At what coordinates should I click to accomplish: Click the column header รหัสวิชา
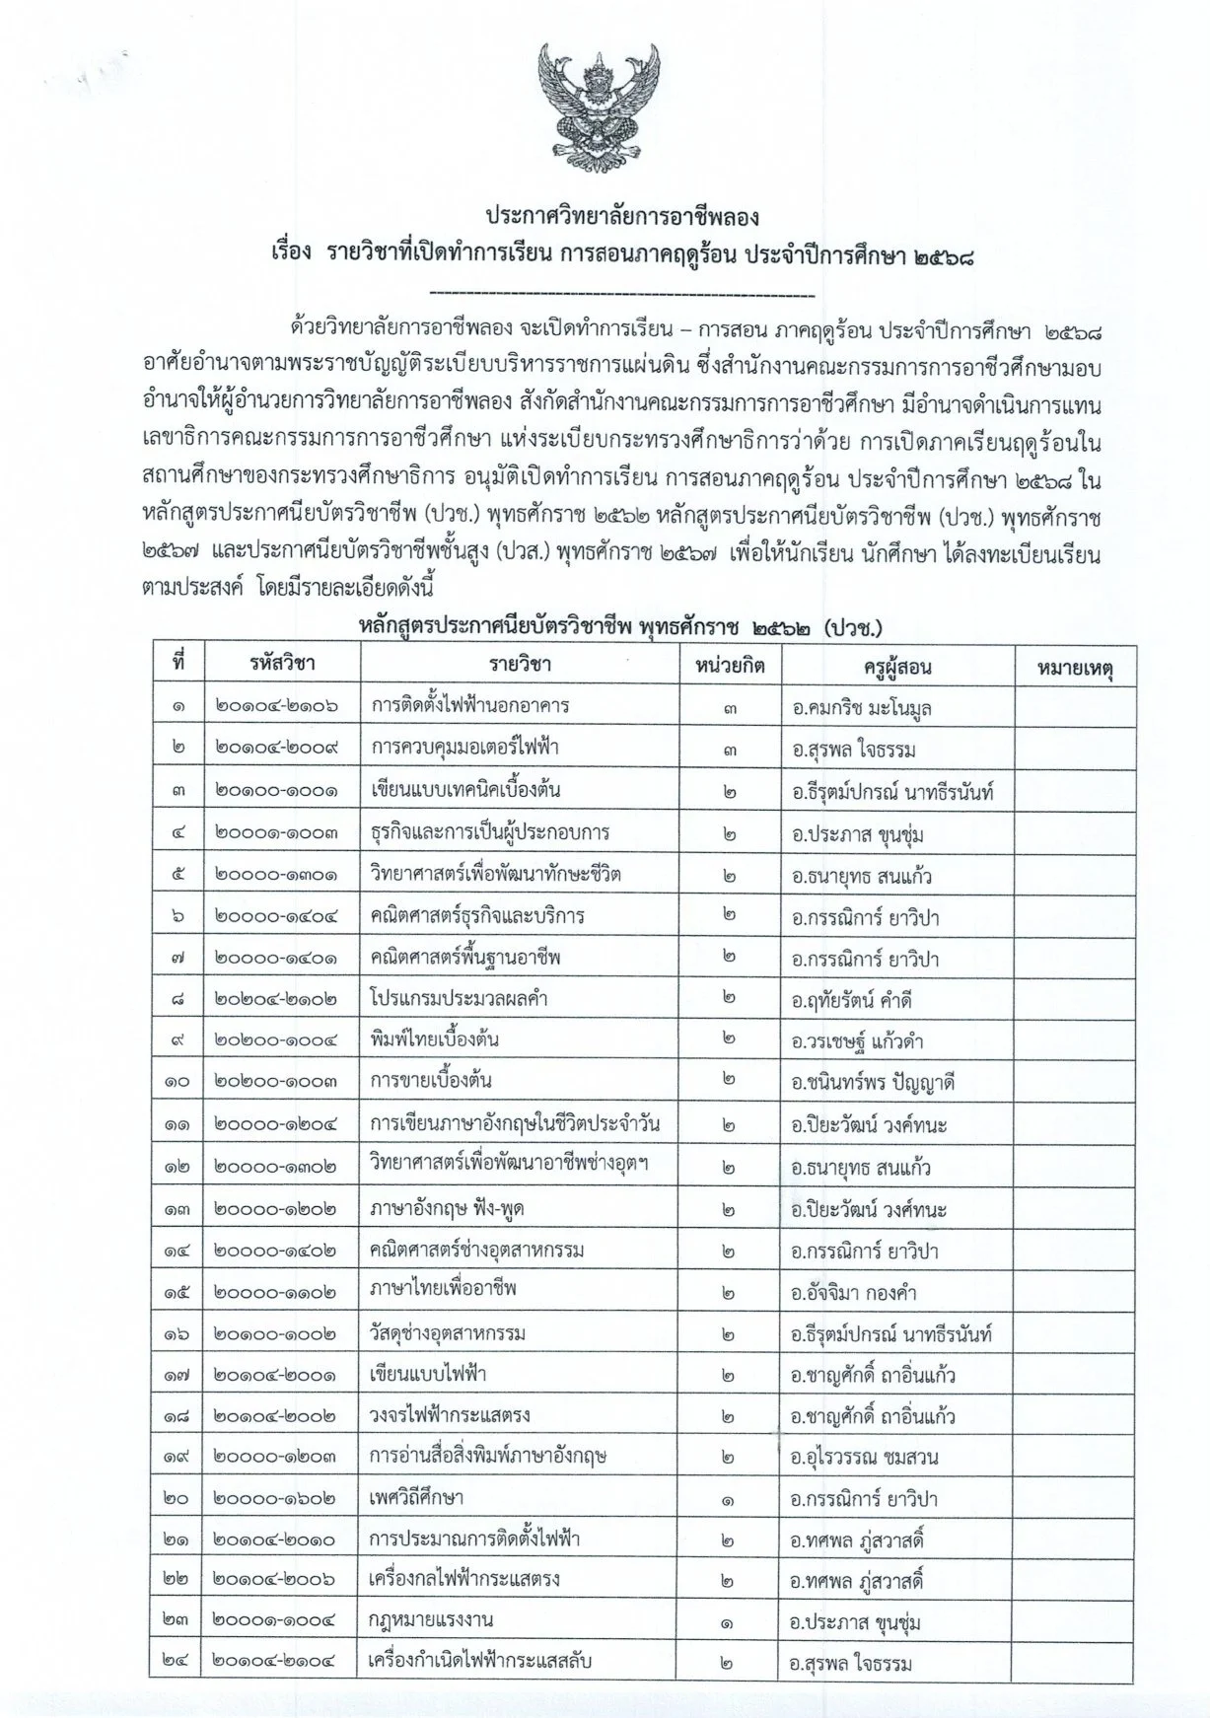point(282,665)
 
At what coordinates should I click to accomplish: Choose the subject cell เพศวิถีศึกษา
point(418,1499)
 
